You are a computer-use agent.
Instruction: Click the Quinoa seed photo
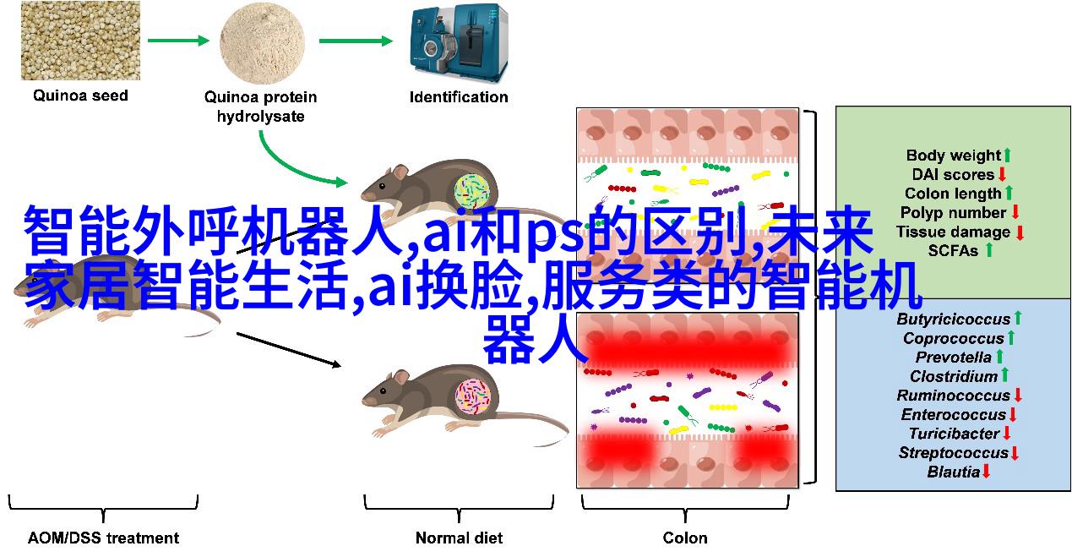pyautogui.click(x=80, y=41)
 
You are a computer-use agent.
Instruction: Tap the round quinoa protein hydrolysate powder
pyautogui.click(x=262, y=43)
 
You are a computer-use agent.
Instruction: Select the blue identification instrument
pyautogui.click(x=459, y=43)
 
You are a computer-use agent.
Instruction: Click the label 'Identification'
pyautogui.click(x=459, y=97)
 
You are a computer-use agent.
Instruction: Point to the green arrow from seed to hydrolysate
pyautogui.click(x=178, y=41)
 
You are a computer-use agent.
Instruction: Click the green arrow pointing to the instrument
pyautogui.click(x=356, y=41)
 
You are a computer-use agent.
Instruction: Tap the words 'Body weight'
pyautogui.click(x=954, y=156)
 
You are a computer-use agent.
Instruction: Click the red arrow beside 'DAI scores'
pyautogui.click(x=1002, y=174)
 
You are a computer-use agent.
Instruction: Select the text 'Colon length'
pyautogui.click(x=953, y=194)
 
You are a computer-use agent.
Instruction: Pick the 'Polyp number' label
pyautogui.click(x=954, y=213)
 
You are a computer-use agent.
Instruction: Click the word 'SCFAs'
pyautogui.click(x=953, y=250)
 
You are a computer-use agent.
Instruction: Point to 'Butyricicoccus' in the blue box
pyautogui.click(x=954, y=319)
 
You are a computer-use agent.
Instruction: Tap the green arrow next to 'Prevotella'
pyautogui.click(x=999, y=357)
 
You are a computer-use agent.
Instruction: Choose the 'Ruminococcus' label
pyautogui.click(x=954, y=396)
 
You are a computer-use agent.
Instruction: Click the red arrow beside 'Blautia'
pyautogui.click(x=987, y=472)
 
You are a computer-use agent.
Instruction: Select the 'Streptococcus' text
pyautogui.click(x=954, y=452)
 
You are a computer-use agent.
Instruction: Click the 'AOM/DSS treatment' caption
pyautogui.click(x=103, y=538)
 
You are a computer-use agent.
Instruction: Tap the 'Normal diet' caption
pyautogui.click(x=459, y=538)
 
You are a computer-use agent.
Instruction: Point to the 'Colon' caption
pyautogui.click(x=685, y=538)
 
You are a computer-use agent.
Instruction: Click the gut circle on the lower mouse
pyautogui.click(x=473, y=396)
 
